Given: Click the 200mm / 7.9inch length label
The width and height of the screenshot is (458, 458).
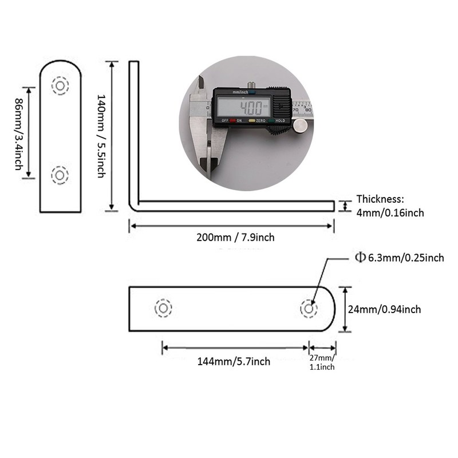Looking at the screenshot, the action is click(x=235, y=238).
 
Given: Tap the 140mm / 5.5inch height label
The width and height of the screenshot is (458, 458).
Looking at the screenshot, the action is click(x=101, y=136).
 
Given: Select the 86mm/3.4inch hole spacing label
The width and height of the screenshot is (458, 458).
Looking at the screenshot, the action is click(x=19, y=134).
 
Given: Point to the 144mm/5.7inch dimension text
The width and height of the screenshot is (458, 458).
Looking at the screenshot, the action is click(x=234, y=362).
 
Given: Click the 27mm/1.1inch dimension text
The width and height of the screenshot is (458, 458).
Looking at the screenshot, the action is click(x=322, y=362).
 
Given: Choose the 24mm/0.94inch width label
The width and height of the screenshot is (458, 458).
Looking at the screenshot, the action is click(x=384, y=309).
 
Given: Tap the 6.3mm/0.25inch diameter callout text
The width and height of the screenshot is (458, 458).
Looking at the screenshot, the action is click(x=406, y=258).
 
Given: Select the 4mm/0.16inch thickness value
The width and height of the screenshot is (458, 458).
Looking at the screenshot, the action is click(x=390, y=213).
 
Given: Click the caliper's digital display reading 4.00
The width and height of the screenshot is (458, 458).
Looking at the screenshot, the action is click(x=244, y=107).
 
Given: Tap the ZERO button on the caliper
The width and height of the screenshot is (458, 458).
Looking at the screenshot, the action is click(x=257, y=121).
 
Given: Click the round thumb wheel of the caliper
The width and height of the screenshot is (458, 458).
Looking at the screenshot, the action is click(x=301, y=126).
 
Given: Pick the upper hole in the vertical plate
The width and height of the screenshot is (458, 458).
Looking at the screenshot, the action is click(x=60, y=86).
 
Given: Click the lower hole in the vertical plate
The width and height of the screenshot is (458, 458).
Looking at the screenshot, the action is click(x=60, y=176).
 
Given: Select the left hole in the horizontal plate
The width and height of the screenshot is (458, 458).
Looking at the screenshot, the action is click(x=163, y=308).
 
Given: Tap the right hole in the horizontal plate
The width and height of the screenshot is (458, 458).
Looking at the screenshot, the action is click(x=309, y=309).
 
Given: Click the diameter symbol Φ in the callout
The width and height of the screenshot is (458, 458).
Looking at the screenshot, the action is click(x=360, y=257).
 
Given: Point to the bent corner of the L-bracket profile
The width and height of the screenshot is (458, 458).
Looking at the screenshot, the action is click(x=133, y=206).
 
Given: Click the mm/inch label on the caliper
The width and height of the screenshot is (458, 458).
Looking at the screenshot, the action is click(x=240, y=92).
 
